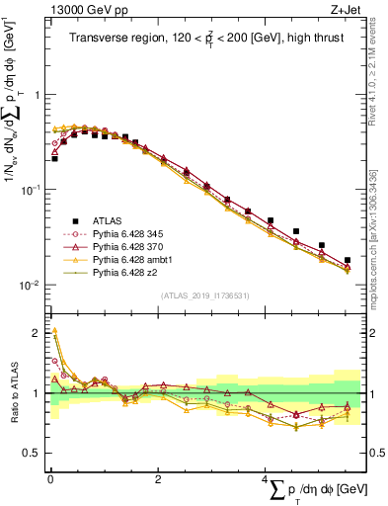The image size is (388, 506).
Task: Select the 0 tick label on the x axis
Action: (x=50, y=478)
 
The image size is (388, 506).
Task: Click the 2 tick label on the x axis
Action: (x=158, y=478)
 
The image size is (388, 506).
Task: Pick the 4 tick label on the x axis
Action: (x=265, y=478)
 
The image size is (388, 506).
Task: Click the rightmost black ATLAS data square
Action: (x=348, y=261)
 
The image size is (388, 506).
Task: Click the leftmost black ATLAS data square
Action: (x=54, y=158)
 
